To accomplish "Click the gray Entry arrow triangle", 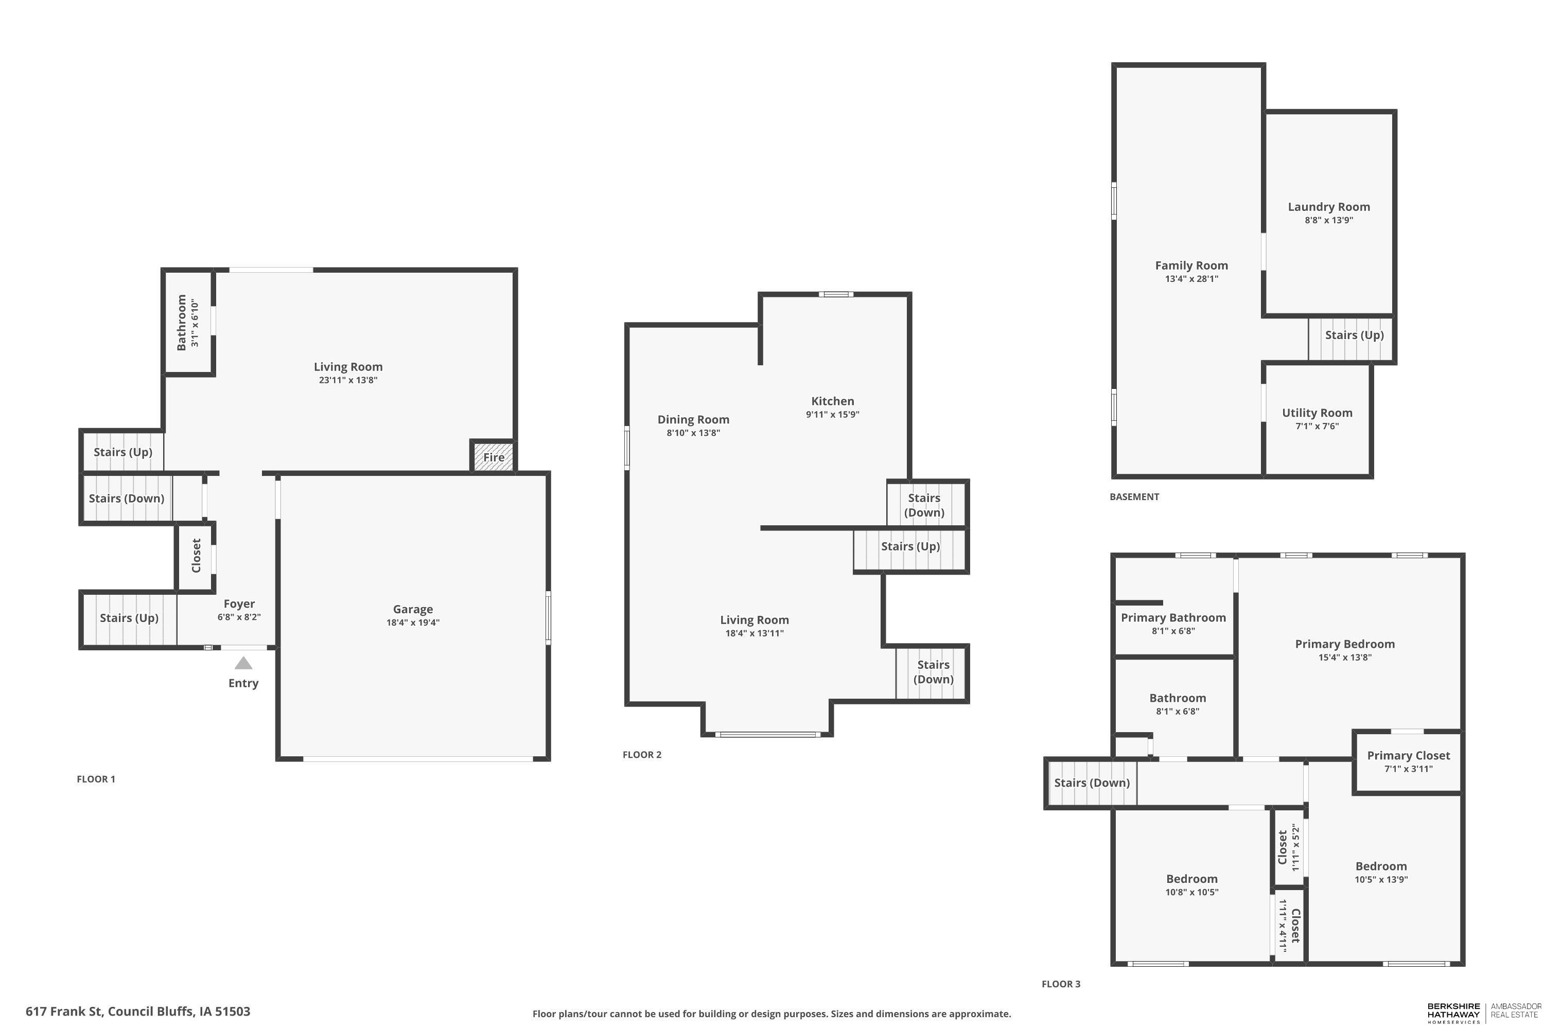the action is (x=243, y=664).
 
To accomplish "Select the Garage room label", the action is (x=413, y=610).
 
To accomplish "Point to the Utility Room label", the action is (x=1317, y=413).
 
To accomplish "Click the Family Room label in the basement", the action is (x=1191, y=265).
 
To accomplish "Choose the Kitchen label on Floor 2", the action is (x=832, y=401).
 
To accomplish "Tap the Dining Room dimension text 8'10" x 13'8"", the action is (x=693, y=433).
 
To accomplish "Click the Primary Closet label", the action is (x=1408, y=756).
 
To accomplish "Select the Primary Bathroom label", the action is (x=1173, y=617).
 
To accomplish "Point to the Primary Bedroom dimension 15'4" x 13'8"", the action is (x=1344, y=658).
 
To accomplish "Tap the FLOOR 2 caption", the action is (x=642, y=755).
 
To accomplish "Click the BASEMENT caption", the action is (x=1134, y=497).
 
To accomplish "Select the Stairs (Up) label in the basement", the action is (x=1354, y=335).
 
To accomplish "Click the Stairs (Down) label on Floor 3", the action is (x=1092, y=783).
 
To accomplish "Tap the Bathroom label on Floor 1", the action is (x=181, y=322).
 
